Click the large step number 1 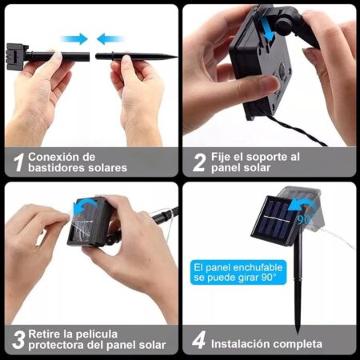click(x=19, y=162)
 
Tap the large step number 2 click(x=199, y=162)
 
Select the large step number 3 click(x=18, y=339)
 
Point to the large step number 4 click(x=199, y=339)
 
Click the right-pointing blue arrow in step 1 click(x=74, y=39)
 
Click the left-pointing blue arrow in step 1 click(x=110, y=39)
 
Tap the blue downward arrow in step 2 click(x=267, y=28)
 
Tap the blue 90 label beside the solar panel click(x=304, y=220)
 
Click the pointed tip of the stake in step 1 click(x=176, y=57)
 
